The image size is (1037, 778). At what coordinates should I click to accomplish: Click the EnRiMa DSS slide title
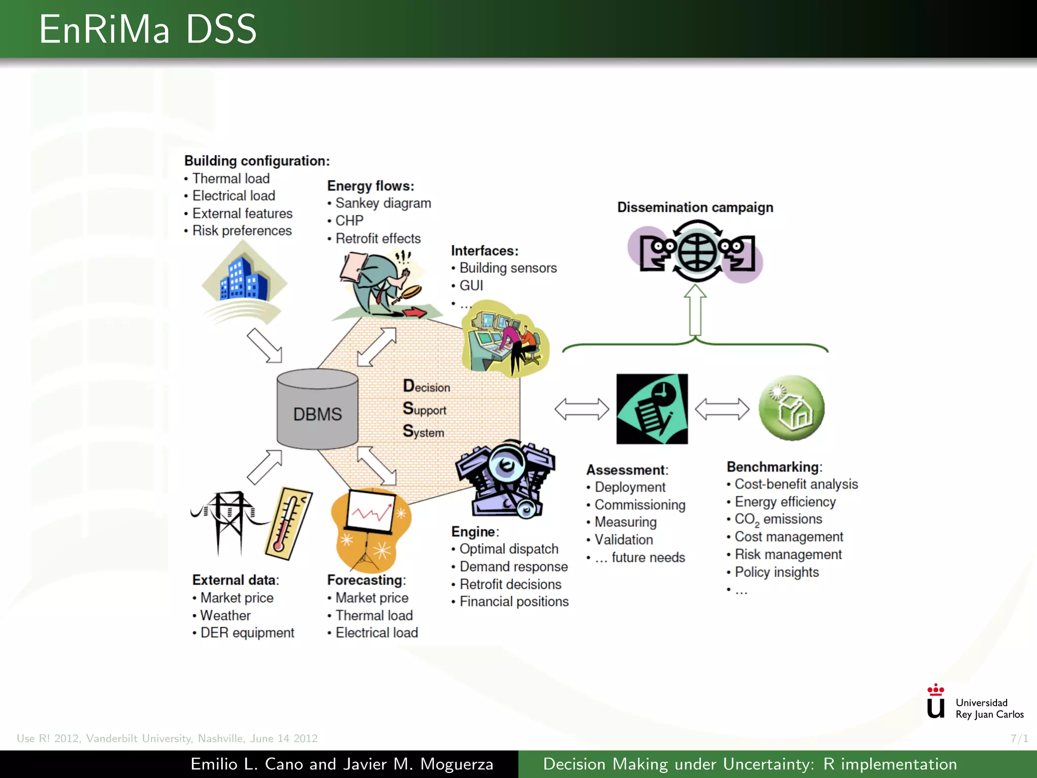148,29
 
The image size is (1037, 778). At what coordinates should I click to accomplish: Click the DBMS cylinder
317,409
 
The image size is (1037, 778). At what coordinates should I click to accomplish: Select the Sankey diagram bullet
383,203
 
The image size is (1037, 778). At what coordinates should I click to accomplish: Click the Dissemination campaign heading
695,207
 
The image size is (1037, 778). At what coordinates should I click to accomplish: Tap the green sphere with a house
791,408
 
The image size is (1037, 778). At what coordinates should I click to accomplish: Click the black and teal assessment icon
652,409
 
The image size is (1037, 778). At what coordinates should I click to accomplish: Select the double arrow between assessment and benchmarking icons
722,409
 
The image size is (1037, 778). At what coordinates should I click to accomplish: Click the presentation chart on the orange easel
371,512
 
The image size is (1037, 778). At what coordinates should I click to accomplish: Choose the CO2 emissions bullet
778,519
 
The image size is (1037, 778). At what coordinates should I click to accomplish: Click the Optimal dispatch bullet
508,549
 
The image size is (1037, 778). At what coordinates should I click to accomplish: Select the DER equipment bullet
247,633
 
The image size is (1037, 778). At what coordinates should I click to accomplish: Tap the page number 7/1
1019,738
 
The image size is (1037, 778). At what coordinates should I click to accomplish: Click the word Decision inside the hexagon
426,386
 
